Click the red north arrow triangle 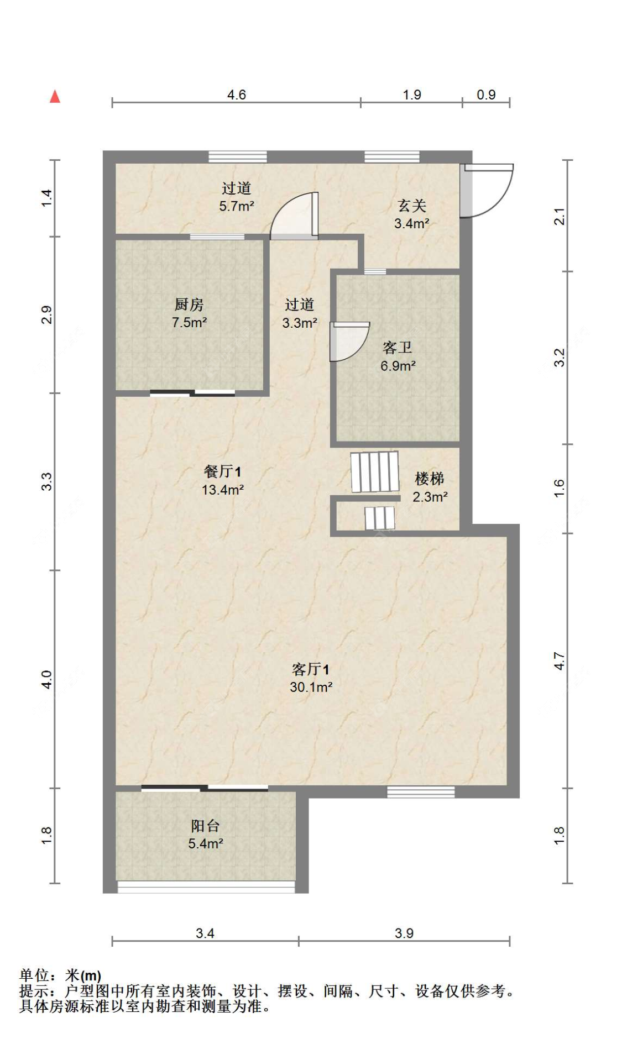pos(55,97)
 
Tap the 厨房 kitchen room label pos(189,305)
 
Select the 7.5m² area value pos(189,322)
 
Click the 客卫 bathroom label pos(397,348)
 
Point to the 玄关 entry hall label pos(412,206)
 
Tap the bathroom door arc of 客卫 pos(348,341)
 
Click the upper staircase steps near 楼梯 pos(375,471)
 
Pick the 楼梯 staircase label pos(429,479)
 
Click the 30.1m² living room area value pos(311,687)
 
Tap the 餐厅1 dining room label pos(222,471)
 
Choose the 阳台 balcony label pos(205,826)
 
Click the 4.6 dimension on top pos(236,95)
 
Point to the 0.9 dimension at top pos(486,95)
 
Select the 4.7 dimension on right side pos(560,661)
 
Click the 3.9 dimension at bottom pos(404,933)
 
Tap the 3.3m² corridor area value pos(299,323)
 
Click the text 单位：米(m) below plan pos(60,976)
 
